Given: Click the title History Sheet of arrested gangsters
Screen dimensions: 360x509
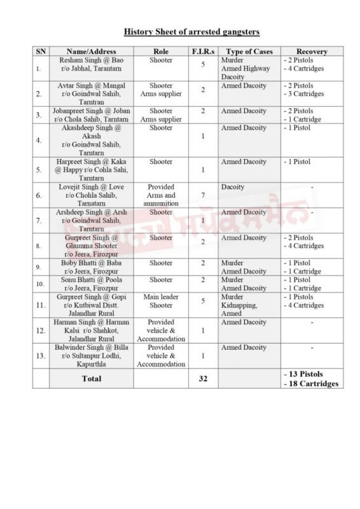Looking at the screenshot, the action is (x=191, y=31).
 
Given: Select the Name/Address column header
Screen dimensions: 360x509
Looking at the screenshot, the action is (x=91, y=51).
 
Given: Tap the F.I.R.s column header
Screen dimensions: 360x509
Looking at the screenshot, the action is (x=202, y=51).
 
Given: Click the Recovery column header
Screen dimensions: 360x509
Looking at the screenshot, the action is (x=312, y=51).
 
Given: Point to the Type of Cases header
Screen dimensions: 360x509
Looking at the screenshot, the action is (x=249, y=51).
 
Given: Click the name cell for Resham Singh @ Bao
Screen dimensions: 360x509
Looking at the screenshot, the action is (x=91, y=64).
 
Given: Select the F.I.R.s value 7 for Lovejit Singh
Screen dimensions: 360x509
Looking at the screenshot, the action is (x=202, y=194).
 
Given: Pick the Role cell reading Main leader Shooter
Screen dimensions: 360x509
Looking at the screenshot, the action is (x=160, y=300).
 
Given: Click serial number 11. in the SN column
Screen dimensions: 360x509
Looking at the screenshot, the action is (x=40, y=305).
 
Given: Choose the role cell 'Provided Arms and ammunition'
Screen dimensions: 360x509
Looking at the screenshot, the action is (x=160, y=195).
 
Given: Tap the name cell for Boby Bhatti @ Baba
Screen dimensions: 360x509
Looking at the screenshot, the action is (x=91, y=267).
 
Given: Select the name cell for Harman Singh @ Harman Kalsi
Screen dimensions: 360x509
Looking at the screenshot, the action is (x=91, y=330).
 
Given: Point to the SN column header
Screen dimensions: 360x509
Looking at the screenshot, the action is (x=40, y=51).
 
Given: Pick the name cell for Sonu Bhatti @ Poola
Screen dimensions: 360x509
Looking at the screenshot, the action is (x=91, y=283).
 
